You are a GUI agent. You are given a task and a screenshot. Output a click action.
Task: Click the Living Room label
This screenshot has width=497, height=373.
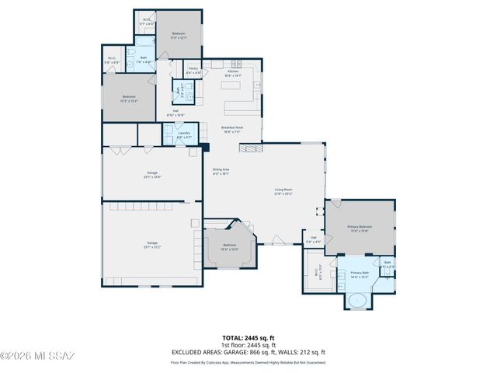(x=283, y=191)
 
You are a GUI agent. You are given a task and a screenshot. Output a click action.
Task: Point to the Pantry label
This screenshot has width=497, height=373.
(x=194, y=71)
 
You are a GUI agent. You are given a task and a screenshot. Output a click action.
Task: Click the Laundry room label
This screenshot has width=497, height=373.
(x=183, y=134)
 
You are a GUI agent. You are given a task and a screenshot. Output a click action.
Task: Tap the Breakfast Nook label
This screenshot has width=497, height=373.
(x=233, y=129)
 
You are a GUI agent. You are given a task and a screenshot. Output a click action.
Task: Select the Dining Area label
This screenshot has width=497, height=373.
(x=221, y=171)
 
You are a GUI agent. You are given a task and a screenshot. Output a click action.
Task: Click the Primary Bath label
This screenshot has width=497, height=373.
(x=360, y=274)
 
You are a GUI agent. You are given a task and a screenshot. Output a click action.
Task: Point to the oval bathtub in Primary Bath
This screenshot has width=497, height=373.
(x=356, y=300)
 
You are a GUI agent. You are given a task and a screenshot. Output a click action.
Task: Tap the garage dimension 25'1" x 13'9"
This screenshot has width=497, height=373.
(x=151, y=175)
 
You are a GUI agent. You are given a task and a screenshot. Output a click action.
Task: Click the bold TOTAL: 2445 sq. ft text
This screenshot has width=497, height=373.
(x=248, y=338)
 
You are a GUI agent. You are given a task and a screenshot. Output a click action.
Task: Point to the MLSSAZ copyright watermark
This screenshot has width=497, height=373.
(x=37, y=357)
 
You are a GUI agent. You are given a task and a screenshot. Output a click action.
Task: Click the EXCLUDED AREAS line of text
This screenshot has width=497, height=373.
(x=248, y=351)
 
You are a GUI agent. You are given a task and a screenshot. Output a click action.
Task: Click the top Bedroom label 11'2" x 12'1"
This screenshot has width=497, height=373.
(x=179, y=36)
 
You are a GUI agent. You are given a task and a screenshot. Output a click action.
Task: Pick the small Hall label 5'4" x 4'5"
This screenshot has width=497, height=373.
(x=313, y=239)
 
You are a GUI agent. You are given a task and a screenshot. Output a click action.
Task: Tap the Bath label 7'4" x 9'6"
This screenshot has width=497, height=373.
(x=143, y=60)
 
